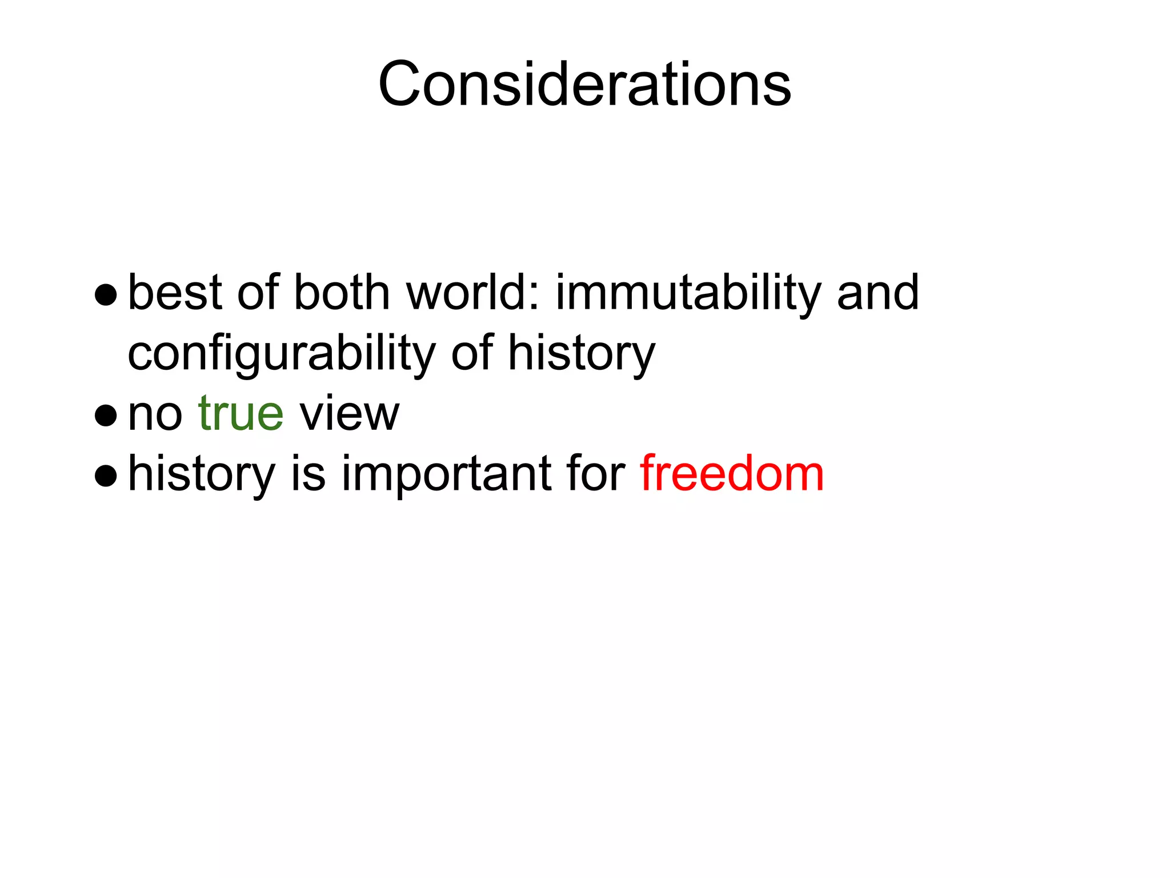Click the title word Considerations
point(584,85)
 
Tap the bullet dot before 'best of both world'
point(106,296)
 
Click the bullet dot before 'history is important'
point(106,476)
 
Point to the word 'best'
point(174,293)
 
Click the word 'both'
point(341,293)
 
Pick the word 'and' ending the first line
point(878,293)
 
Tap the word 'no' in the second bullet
point(155,414)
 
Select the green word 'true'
point(241,413)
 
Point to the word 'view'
point(349,413)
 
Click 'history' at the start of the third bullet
point(202,474)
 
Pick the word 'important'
point(447,474)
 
